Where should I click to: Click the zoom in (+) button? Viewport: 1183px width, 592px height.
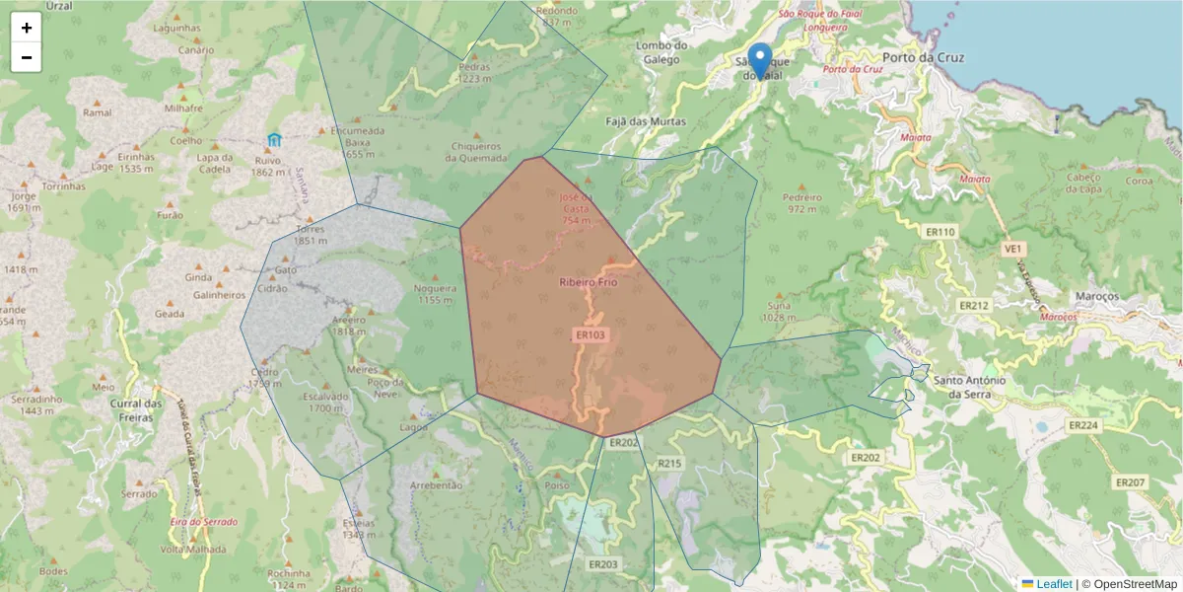click(x=27, y=28)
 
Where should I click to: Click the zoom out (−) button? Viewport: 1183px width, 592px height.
click(x=27, y=57)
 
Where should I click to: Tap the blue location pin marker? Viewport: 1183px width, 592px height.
click(x=759, y=59)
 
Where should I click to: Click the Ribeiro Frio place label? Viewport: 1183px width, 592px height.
click(x=588, y=282)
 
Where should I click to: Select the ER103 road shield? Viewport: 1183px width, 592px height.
click(x=590, y=335)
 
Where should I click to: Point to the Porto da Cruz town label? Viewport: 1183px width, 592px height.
click(x=923, y=57)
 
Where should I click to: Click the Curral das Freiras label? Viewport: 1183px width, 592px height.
click(x=135, y=410)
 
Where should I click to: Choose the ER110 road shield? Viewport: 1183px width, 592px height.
click(x=940, y=232)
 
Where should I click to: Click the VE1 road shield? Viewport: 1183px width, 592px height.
click(x=1012, y=250)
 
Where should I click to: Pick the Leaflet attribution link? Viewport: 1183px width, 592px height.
click(x=1053, y=584)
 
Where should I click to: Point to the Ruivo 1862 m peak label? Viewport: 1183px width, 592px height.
click(x=267, y=165)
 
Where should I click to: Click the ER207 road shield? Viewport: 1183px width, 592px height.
click(x=1130, y=482)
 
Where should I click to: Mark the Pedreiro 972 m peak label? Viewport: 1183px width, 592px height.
click(x=800, y=203)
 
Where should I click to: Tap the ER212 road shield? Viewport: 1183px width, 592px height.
click(x=973, y=306)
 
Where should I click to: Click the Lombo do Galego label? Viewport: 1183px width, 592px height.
click(x=661, y=52)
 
